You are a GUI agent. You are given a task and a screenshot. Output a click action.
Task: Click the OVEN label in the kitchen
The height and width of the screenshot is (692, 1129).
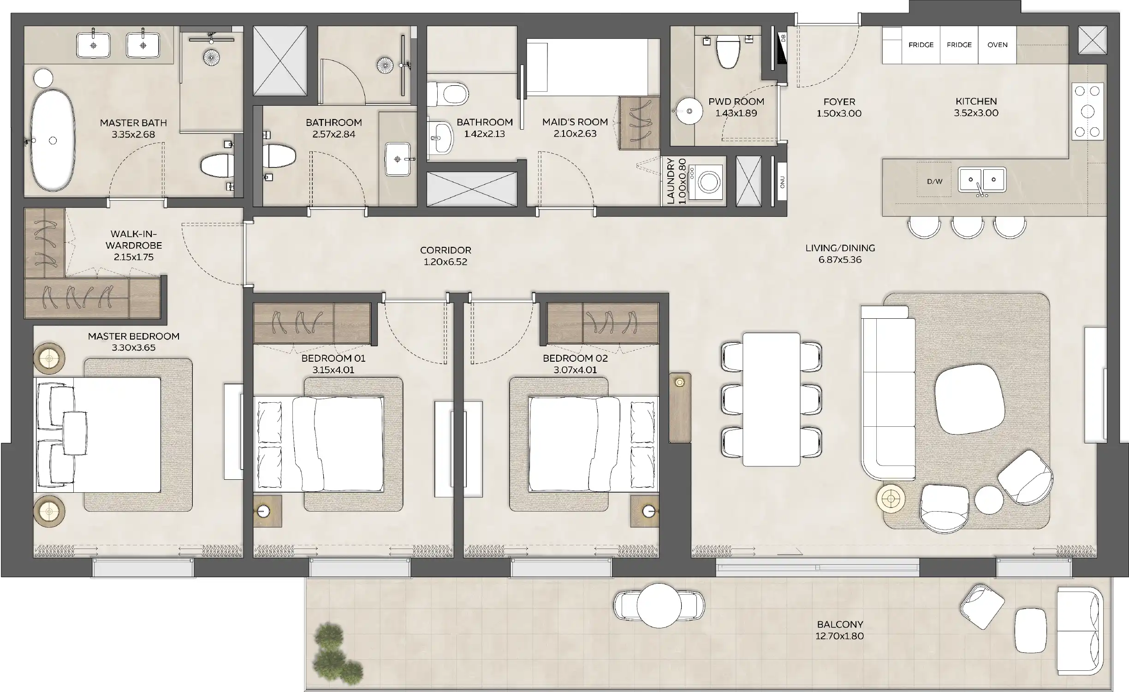pyautogui.click(x=997, y=45)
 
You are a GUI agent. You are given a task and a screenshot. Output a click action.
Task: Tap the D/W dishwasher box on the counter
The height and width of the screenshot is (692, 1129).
pyautogui.click(x=934, y=181)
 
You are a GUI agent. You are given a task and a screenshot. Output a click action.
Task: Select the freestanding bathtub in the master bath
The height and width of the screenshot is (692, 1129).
pyautogui.click(x=53, y=140)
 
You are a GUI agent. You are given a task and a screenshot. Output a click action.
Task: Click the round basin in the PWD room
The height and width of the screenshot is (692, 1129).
pyautogui.click(x=689, y=111)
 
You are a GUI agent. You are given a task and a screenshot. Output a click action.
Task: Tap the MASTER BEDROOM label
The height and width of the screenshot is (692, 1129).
pyautogui.click(x=133, y=336)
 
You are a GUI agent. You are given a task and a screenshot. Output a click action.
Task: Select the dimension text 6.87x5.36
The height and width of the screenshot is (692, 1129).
pyautogui.click(x=840, y=260)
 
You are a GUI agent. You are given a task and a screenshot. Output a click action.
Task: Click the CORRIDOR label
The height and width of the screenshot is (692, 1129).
pyautogui.click(x=446, y=250)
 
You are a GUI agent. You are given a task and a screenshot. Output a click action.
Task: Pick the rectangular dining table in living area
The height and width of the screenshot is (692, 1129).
pyautogui.click(x=771, y=399)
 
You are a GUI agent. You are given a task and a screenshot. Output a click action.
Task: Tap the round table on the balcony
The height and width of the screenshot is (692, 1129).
pyautogui.click(x=659, y=606)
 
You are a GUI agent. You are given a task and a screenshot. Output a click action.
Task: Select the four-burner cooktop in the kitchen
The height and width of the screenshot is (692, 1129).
pyautogui.click(x=1087, y=111)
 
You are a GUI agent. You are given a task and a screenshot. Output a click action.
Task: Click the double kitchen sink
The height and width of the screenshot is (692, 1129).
pyautogui.click(x=982, y=179)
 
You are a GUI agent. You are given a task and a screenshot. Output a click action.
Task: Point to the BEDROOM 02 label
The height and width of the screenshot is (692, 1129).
pyautogui.click(x=575, y=358)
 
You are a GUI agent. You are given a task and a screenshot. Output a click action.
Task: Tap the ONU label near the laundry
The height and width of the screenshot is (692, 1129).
pyautogui.click(x=782, y=182)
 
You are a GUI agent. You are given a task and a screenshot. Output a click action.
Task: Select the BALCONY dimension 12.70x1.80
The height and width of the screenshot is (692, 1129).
pyautogui.click(x=839, y=636)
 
